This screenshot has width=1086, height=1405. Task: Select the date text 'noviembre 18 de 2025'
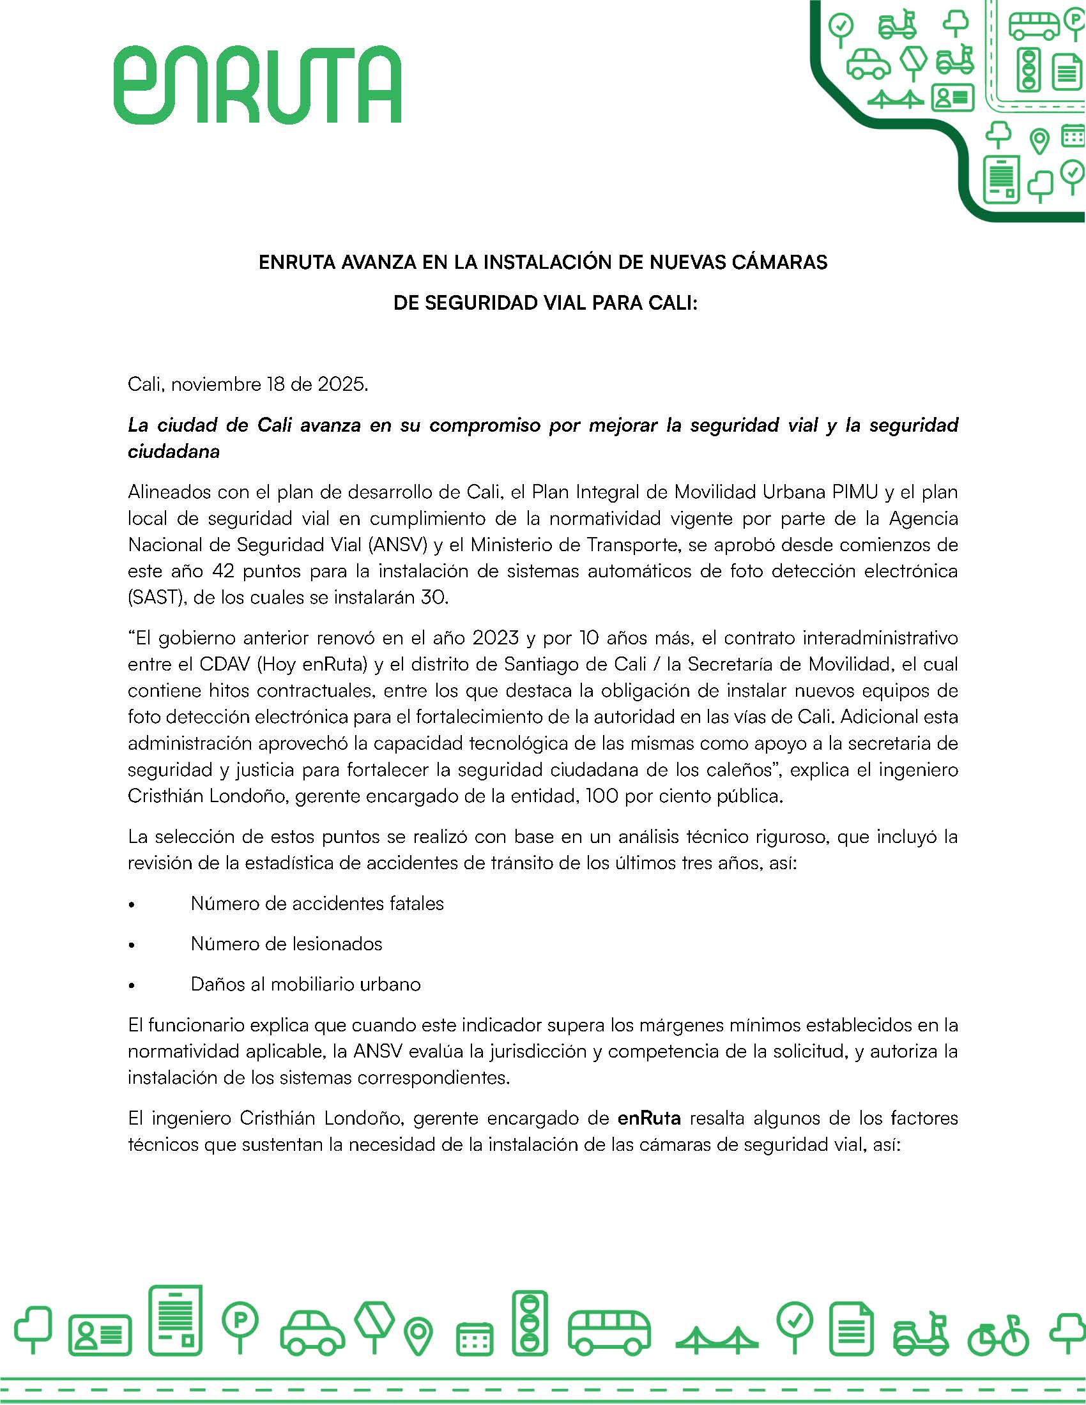coord(270,384)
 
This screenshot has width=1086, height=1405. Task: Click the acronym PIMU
coord(854,492)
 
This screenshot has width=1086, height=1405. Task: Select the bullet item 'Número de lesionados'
coord(286,944)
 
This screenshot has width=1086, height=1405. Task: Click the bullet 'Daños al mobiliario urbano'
coord(305,984)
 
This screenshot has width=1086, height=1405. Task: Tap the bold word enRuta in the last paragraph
coord(649,1118)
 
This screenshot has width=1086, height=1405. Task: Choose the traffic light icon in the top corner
coord(1029,69)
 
